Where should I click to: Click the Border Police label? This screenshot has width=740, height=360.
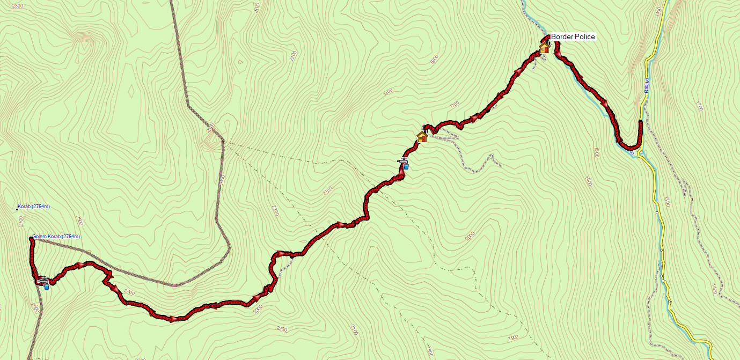(x=573, y=37)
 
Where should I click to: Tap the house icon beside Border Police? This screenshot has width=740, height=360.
(x=544, y=48)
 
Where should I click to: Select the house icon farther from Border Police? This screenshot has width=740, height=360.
(x=422, y=137)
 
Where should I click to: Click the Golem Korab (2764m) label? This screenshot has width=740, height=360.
(x=56, y=237)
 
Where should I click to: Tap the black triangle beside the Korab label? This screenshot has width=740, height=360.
(x=16, y=208)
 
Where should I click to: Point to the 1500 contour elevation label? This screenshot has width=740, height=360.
(x=596, y=152)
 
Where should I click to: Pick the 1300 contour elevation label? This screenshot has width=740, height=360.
(x=666, y=202)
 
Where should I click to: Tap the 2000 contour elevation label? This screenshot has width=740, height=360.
(x=471, y=237)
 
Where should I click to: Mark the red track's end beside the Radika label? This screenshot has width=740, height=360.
(x=641, y=123)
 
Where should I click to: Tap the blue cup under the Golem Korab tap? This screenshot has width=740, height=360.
(x=47, y=287)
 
